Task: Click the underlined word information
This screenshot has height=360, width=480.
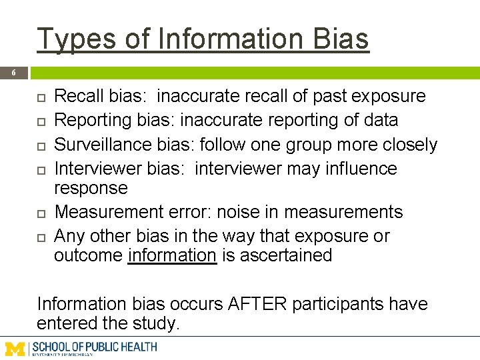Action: click(172, 255)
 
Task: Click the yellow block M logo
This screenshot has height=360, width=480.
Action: click(15, 347)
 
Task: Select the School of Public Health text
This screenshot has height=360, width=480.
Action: click(95, 347)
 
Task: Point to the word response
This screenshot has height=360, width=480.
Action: click(91, 187)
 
